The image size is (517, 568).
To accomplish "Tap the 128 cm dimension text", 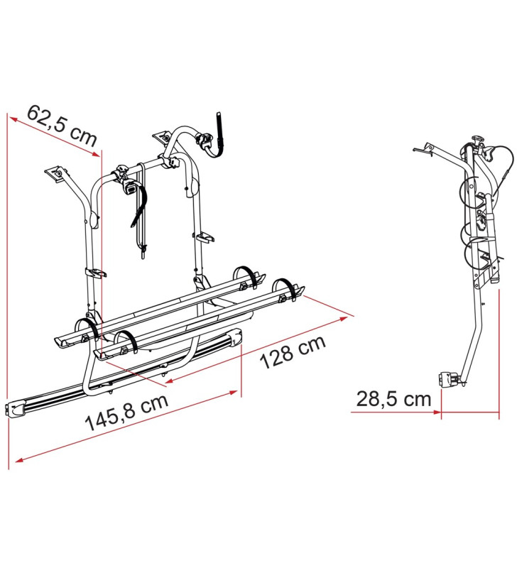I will (292, 351).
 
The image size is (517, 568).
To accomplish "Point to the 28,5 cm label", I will (394, 399).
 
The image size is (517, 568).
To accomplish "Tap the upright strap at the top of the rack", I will (220, 131).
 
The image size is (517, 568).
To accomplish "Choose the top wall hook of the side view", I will (424, 149).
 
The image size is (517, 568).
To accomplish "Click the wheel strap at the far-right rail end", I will (288, 288).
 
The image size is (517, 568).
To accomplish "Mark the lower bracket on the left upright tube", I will (94, 272).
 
